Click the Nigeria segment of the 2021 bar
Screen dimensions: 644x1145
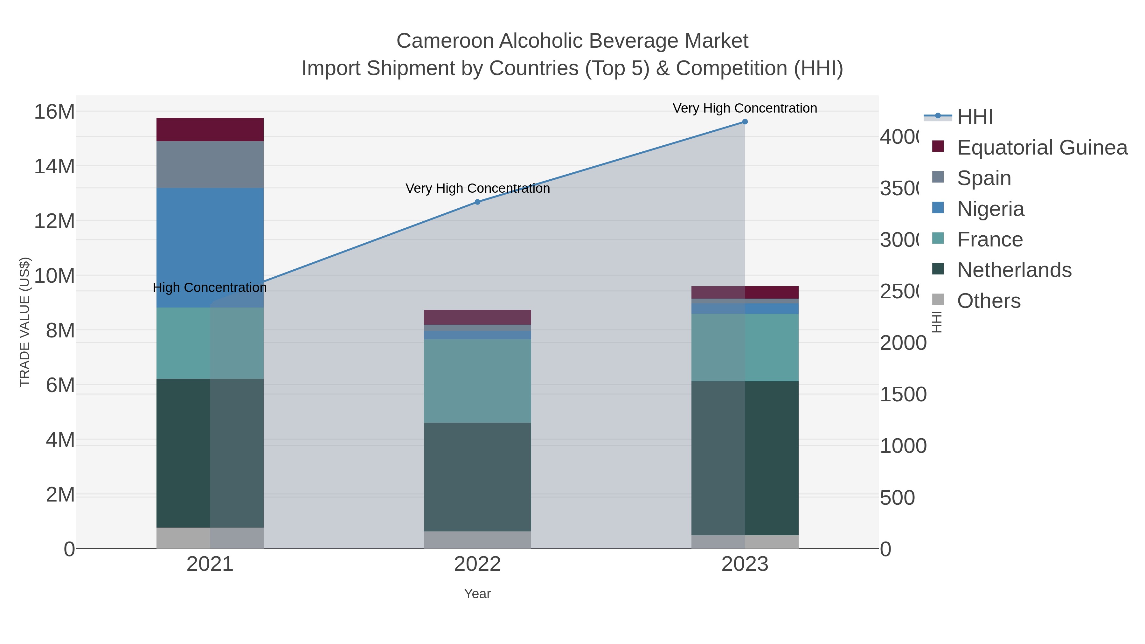[x=210, y=247]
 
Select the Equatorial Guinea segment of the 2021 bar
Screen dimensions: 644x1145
[x=210, y=129]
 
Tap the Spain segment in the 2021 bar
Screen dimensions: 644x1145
[x=210, y=164]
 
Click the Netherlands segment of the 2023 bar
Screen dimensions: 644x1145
[x=745, y=458]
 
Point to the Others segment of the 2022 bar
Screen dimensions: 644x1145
[x=477, y=540]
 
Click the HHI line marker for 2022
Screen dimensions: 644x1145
[x=477, y=202]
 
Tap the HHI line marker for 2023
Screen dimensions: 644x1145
[x=745, y=122]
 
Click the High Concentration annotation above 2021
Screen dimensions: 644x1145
[x=210, y=287]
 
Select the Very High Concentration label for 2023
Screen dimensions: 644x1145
[x=745, y=108]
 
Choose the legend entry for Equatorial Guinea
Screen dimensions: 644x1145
[x=1042, y=148]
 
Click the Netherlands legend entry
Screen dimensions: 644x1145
[x=1014, y=270]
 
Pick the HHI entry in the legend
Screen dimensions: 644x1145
[x=975, y=117]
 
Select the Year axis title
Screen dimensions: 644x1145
[x=477, y=594]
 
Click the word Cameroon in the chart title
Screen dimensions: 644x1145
[x=445, y=41]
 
